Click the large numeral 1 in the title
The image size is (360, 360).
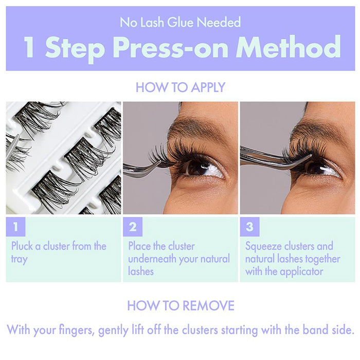pos(30,47)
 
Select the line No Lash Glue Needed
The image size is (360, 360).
pos(180,22)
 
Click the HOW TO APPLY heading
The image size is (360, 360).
pos(180,87)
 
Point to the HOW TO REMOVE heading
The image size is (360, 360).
pos(180,305)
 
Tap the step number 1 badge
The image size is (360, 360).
pos(15,226)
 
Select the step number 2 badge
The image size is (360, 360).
pos(133,226)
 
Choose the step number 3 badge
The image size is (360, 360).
pos(249,226)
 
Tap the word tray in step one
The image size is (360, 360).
pos(19,258)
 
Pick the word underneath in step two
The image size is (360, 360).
pos(152,258)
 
